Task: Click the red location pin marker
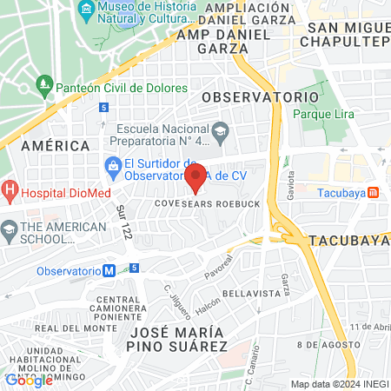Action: (x=195, y=177)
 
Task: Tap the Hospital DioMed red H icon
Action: (x=10, y=189)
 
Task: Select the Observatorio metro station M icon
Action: (x=109, y=270)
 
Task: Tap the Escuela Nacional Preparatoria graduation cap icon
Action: (x=221, y=129)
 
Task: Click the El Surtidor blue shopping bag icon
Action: (x=112, y=164)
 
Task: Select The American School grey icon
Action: (x=10, y=231)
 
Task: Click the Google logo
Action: (x=29, y=380)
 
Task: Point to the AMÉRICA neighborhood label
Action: (x=56, y=145)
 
